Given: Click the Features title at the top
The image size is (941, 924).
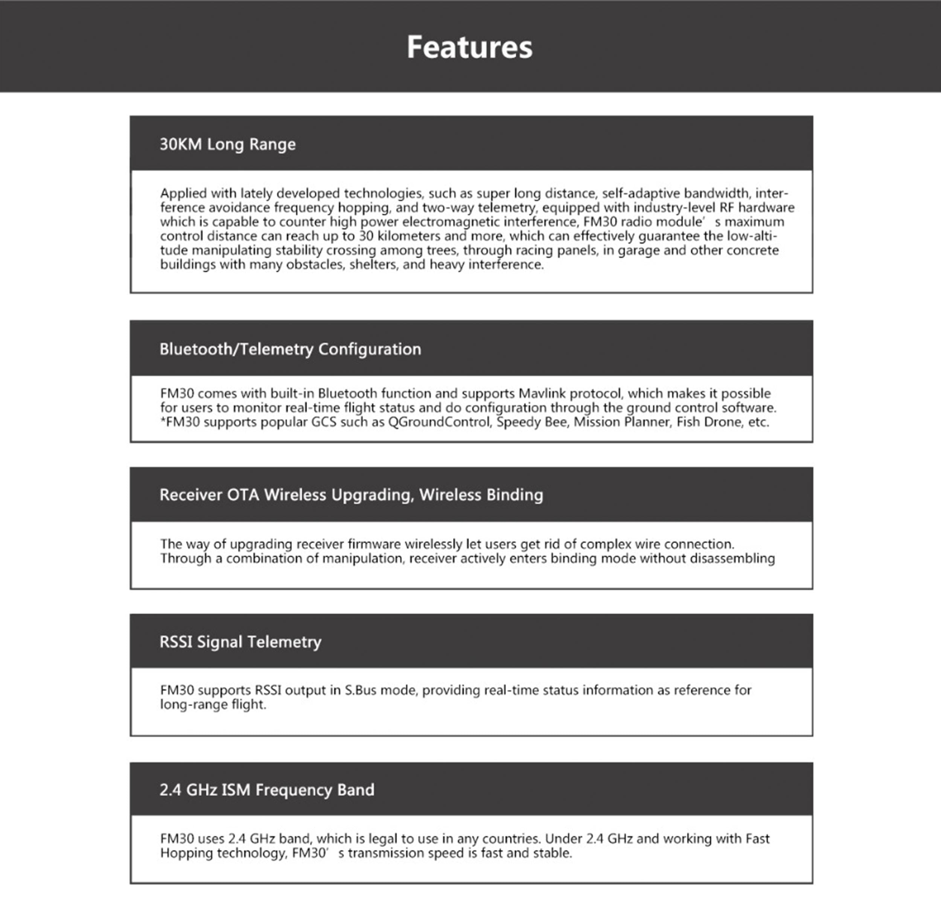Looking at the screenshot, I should [469, 47].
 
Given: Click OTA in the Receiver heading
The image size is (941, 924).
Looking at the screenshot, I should [243, 495].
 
